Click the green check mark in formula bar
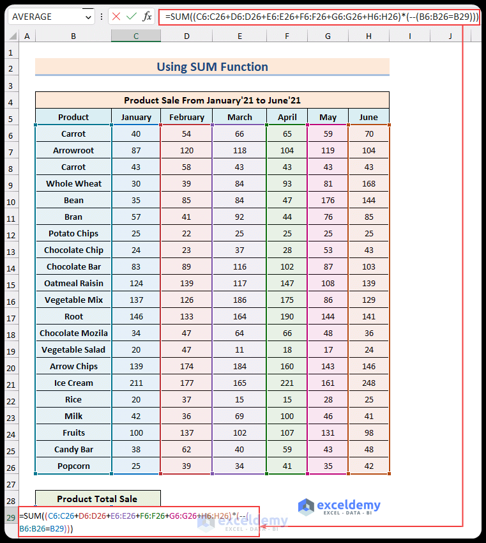point(132,17)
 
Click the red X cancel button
point(116,17)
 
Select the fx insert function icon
point(147,17)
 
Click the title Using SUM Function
point(212,67)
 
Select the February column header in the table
point(186,117)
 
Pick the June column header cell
point(368,117)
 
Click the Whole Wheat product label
point(73,183)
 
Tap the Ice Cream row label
point(73,383)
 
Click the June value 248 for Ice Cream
point(368,383)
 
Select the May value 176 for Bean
point(328,200)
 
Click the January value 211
point(136,383)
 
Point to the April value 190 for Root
point(287,316)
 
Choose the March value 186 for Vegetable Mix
point(239,300)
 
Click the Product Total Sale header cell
point(97,499)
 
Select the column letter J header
point(450,36)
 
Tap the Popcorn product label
point(73,466)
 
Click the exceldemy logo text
point(349,505)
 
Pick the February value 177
point(186,383)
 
